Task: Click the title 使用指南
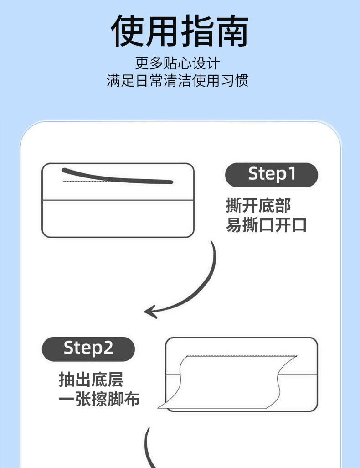click(180, 31)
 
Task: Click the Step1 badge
click(272, 175)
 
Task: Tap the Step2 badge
click(88, 349)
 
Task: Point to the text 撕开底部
click(258, 206)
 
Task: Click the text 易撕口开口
click(267, 225)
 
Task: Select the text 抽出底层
click(91, 380)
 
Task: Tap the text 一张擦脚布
click(99, 400)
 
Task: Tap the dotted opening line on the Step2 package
click(242, 355)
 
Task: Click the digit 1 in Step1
click(291, 174)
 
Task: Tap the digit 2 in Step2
click(108, 348)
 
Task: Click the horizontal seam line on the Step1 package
click(118, 200)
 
